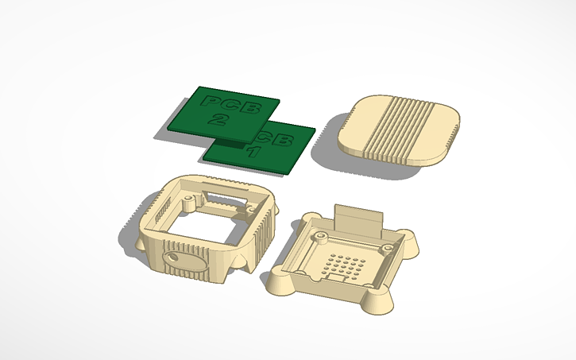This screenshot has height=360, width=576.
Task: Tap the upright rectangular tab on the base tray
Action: click(358, 219)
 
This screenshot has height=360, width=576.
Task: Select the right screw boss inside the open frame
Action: click(253, 209)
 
